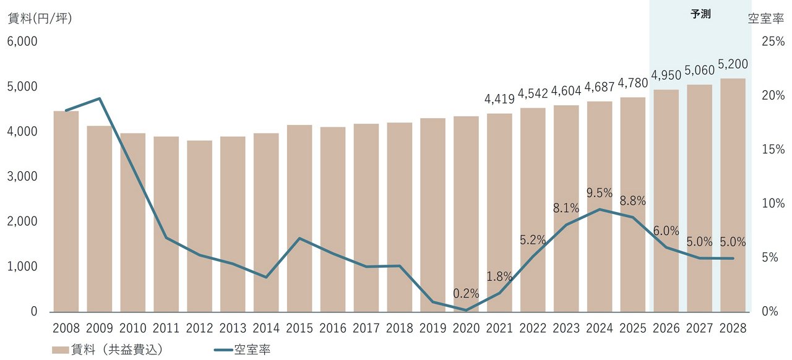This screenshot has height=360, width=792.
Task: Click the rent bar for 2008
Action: point(66,212)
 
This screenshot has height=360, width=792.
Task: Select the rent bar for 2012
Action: point(199,226)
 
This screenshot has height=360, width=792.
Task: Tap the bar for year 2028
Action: point(733,195)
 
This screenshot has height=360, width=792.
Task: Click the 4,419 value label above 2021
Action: point(499,100)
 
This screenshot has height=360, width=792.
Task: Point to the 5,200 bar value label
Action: point(733,64)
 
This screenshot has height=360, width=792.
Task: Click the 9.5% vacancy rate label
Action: point(600,193)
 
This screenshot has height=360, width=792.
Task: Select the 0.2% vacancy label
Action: point(466,294)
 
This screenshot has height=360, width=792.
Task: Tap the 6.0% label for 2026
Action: point(666,231)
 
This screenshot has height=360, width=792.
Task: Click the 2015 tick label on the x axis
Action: point(299,328)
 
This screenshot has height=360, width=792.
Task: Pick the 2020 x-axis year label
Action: point(466,328)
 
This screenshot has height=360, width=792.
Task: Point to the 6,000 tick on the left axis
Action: point(22,41)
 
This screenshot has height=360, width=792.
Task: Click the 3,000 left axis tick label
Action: point(22,176)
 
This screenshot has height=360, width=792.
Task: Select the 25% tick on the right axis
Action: point(773,41)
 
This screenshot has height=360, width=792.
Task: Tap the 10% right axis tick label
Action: point(773,204)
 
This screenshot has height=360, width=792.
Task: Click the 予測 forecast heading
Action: point(700,14)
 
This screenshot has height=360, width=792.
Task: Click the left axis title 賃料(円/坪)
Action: point(40,18)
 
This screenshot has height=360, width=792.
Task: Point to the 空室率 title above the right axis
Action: point(766,18)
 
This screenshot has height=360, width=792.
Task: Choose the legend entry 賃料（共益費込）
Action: point(108,349)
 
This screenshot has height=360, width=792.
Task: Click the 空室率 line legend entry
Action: point(242,349)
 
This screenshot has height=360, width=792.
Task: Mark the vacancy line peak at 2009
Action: point(100,98)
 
